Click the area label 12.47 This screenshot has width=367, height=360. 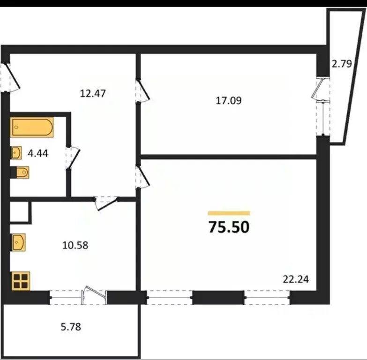point(93,93)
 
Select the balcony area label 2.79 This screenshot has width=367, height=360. point(341,64)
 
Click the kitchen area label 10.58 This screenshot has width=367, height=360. point(75,245)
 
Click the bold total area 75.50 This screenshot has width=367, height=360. point(229,227)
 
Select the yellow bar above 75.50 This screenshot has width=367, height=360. point(229,213)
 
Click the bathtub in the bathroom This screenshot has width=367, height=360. point(32,127)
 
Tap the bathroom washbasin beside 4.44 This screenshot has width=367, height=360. point(16,152)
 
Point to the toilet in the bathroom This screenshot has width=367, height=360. point(21,173)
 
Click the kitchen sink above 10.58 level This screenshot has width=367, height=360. point(19,243)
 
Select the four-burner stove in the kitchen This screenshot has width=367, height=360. point(20,281)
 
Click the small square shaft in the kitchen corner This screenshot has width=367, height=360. point(20,212)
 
